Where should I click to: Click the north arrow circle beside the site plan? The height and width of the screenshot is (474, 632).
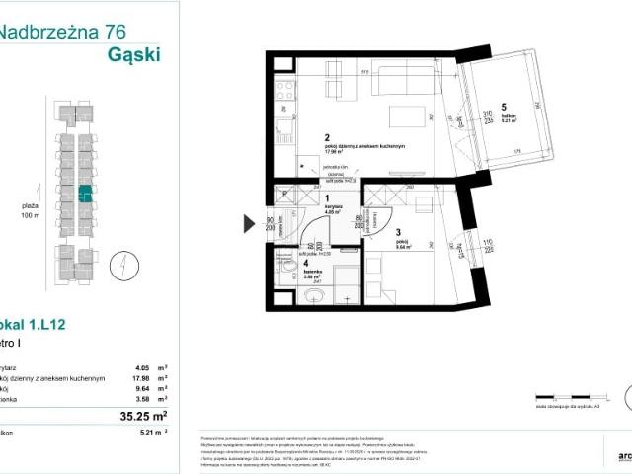[x=119, y=266]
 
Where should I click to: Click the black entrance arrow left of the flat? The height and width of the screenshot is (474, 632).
[x=250, y=223]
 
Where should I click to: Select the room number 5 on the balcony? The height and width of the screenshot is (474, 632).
[x=503, y=107]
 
